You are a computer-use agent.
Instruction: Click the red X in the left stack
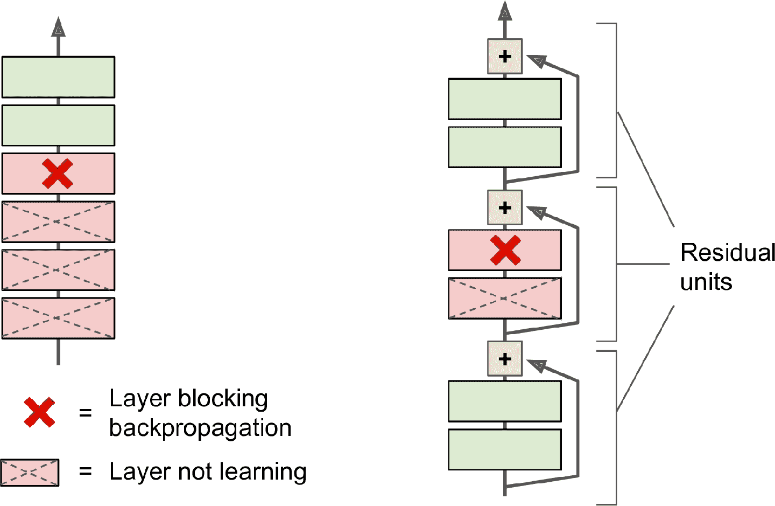58,174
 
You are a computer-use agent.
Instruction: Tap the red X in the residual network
505,250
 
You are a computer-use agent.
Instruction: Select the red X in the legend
39,412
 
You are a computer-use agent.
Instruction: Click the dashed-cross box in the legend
30,473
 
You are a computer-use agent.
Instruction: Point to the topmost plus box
505,56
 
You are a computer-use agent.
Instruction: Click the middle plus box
505,207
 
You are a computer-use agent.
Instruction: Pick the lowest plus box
505,358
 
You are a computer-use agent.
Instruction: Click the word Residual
727,253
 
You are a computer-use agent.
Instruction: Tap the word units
706,282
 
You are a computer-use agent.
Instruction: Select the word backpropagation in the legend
200,428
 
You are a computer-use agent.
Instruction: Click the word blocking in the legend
223,399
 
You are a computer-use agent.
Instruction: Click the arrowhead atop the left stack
58,27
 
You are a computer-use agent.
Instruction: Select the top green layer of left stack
58,77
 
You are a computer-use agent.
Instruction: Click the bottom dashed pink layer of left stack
58,318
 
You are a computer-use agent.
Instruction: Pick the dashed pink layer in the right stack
505,298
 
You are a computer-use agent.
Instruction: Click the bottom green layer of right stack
505,449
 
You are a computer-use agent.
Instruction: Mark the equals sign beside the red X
85,413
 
